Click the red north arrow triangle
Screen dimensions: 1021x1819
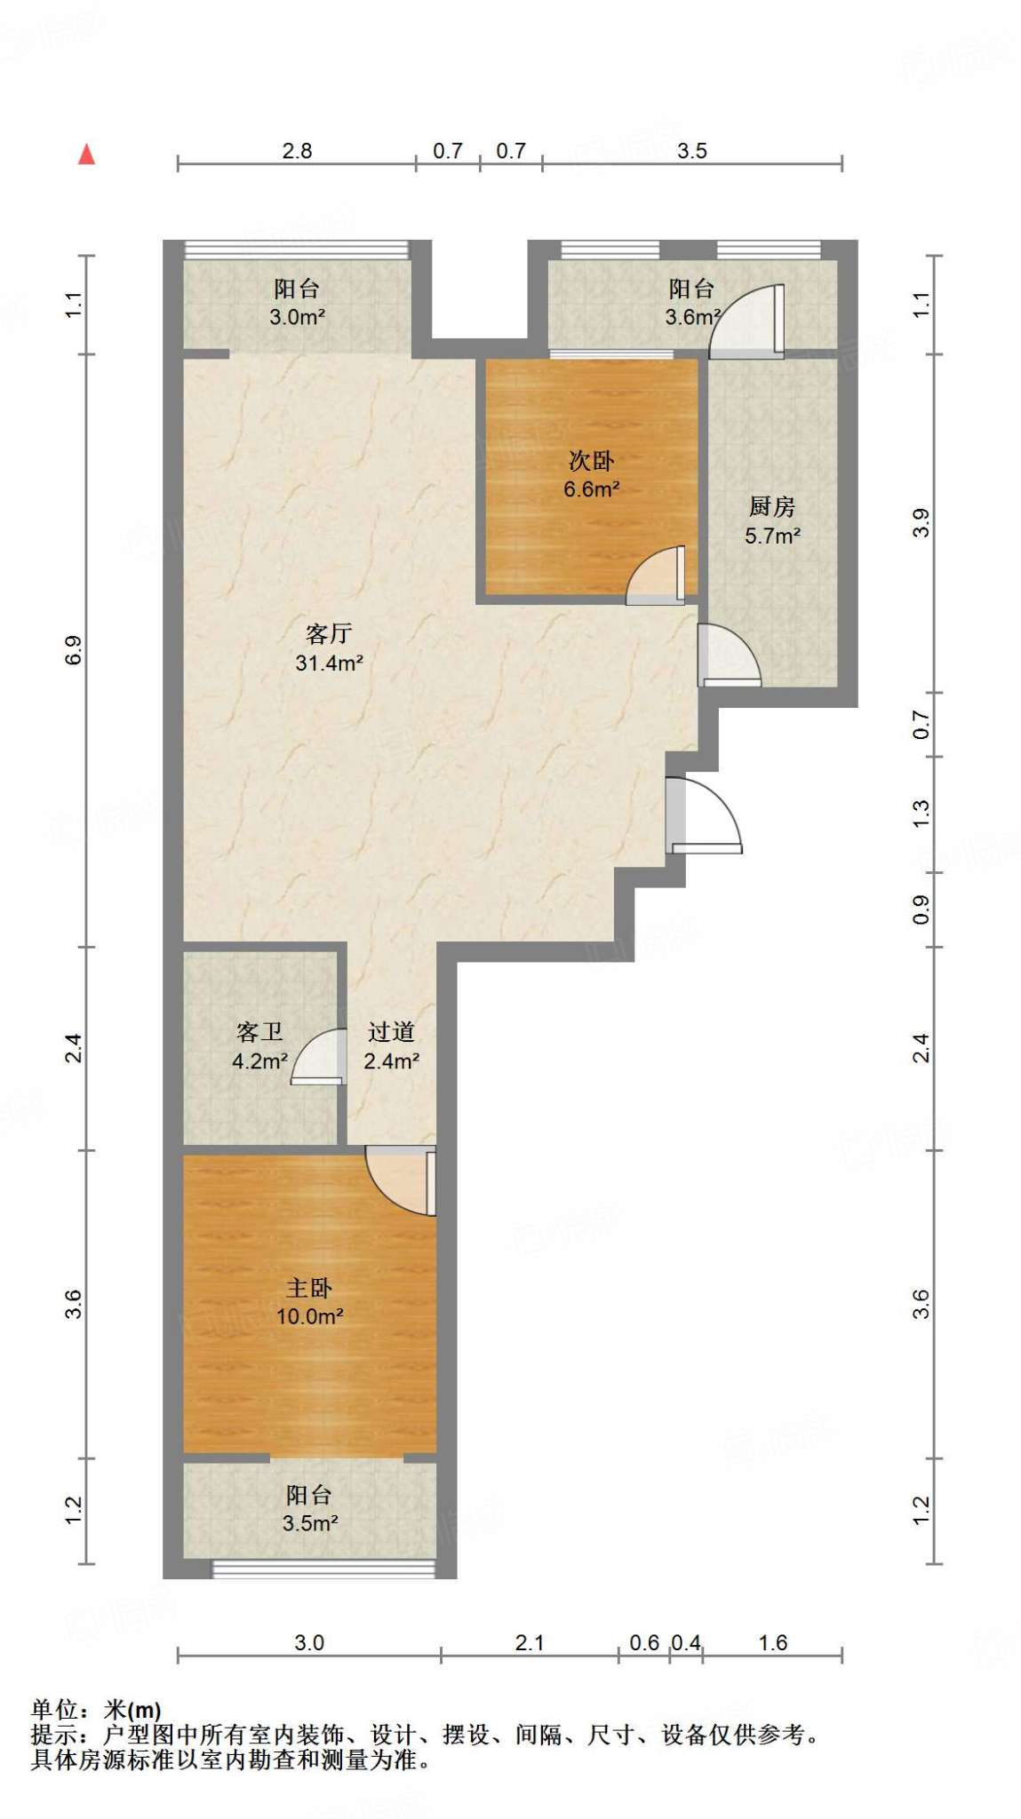pos(86,155)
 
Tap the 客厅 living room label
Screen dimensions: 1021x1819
pos(329,633)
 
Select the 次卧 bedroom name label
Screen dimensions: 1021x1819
pos(592,460)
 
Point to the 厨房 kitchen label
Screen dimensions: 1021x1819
pos(772,506)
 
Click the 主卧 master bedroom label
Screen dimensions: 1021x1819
pos(309,1288)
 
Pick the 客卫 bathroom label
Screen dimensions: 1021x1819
pos(259,1031)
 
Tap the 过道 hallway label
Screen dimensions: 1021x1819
pos(392,1031)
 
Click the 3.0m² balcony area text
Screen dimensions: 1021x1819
pos(298,317)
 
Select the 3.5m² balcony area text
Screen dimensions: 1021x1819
pos(310,1523)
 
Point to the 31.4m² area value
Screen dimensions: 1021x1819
pos(330,663)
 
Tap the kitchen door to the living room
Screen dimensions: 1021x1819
pos(729,655)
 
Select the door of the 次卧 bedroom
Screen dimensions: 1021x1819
pos(656,575)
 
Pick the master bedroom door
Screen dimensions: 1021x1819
pos(401,1181)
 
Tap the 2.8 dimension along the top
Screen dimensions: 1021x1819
pos(297,151)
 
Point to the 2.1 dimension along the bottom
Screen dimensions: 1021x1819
pos(530,1643)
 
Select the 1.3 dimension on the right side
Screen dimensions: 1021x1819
pos(921,813)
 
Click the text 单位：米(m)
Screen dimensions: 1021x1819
pos(96,1710)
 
